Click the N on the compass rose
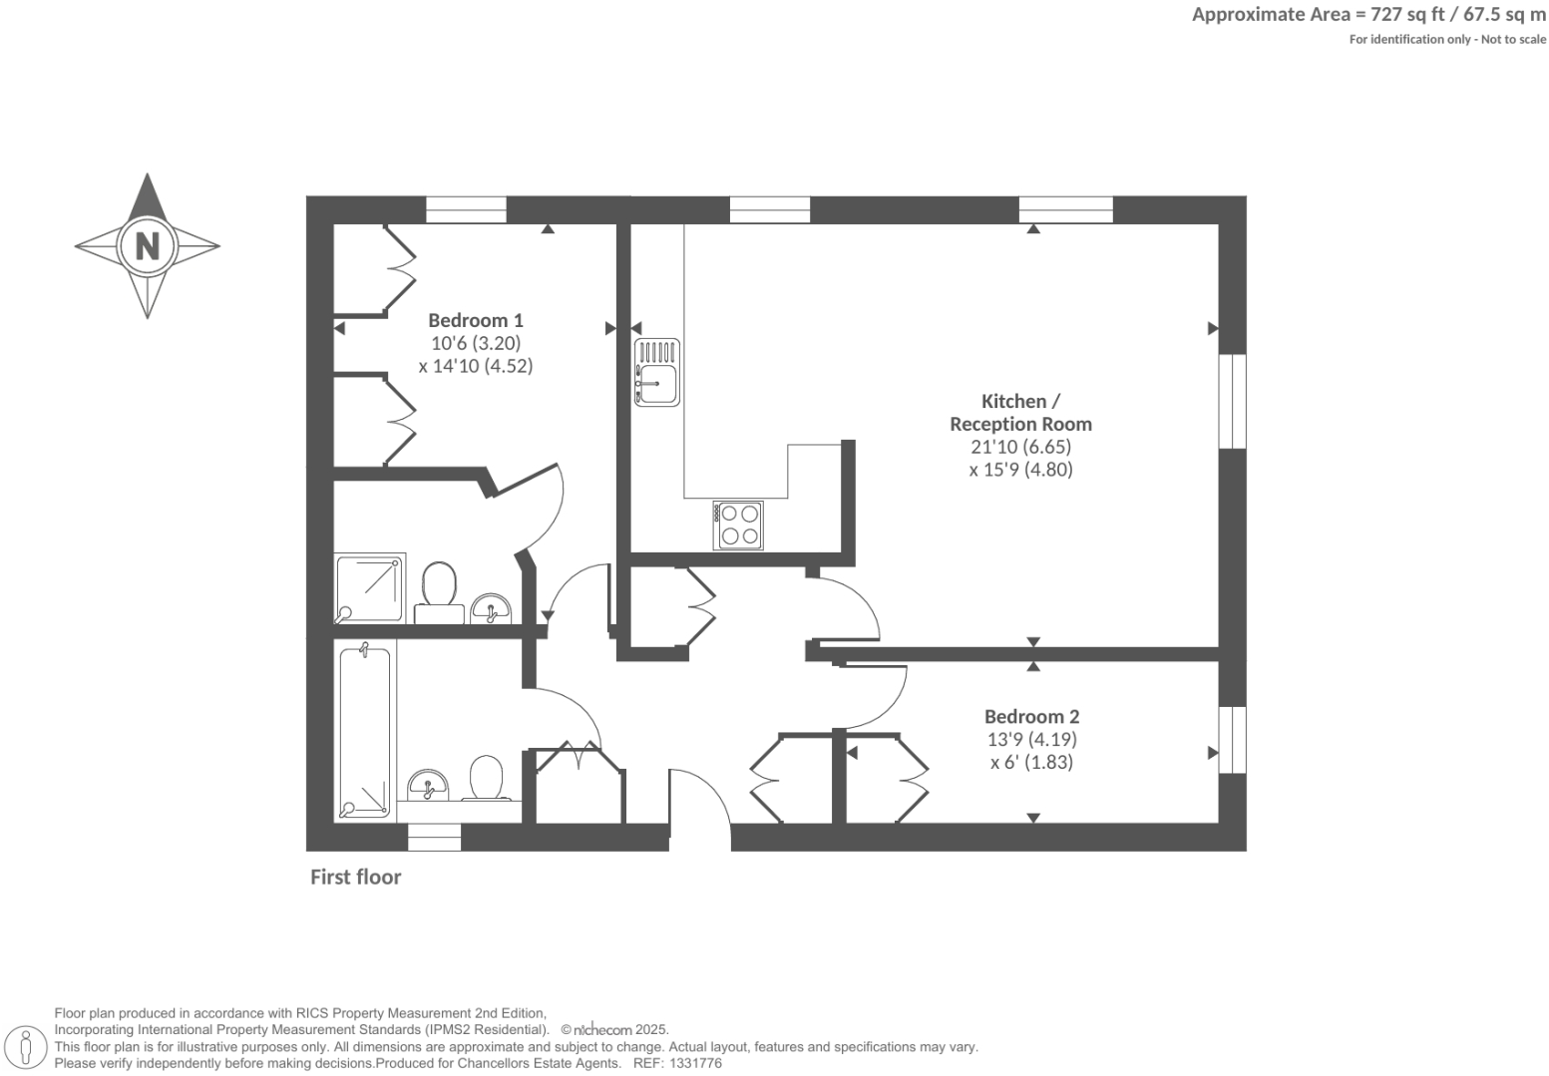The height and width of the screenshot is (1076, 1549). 148,245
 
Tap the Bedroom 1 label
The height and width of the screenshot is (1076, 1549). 475,320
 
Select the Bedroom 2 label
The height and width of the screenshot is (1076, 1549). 1031,716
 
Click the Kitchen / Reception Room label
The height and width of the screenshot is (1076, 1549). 1020,412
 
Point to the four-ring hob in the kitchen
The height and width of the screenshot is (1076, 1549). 738,525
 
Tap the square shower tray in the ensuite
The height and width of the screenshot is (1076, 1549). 370,588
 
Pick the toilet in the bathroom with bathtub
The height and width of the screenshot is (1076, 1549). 487,779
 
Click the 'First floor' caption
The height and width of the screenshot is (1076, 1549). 355,878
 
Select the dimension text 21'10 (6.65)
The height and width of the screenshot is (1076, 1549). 1020,447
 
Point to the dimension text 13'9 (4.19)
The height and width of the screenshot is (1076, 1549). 1031,740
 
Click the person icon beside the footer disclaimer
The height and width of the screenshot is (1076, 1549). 27,1047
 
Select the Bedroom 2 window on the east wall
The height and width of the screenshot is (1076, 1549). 1233,738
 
